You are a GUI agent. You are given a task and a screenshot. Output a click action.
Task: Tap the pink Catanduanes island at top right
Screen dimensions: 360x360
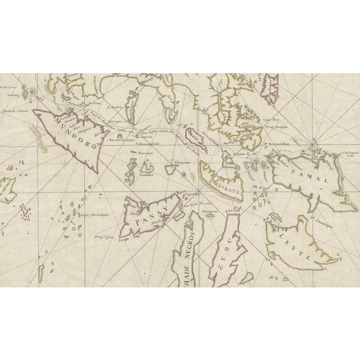273,85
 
